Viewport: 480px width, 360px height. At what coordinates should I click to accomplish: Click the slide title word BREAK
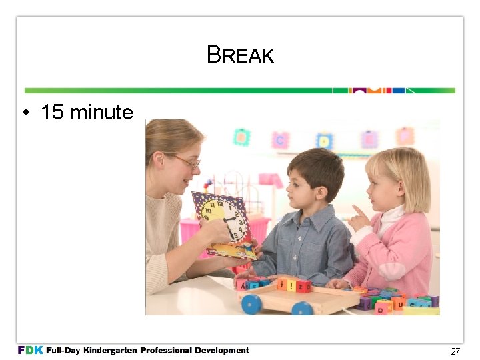(x=240, y=55)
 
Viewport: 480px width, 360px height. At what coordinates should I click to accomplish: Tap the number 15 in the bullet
(x=53, y=112)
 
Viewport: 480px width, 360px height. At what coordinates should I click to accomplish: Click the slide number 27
(x=455, y=351)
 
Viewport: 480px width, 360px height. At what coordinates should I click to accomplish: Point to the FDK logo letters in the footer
(x=31, y=350)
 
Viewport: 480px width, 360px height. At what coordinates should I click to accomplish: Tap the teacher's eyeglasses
(x=187, y=161)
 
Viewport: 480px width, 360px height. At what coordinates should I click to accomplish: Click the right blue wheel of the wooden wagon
(x=302, y=309)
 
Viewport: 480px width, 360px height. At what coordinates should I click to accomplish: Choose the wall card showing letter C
(x=280, y=141)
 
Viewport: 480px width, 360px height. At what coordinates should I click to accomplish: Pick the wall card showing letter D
(x=325, y=141)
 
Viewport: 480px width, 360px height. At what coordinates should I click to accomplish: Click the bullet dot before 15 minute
(x=24, y=113)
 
